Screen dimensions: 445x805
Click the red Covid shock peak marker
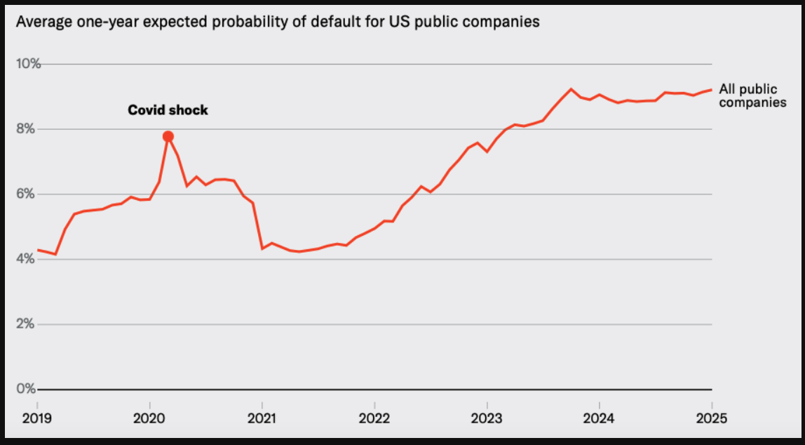pos(168,136)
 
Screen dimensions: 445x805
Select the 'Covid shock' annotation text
pos(168,110)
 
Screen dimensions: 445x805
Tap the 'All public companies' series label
pos(752,95)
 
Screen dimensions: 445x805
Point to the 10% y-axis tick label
pos(29,64)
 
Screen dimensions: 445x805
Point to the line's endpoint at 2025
pos(712,90)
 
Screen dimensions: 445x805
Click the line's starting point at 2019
pos(37,250)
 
